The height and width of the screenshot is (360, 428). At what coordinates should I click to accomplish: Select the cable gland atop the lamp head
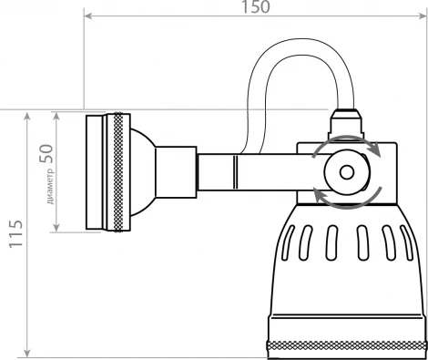pyautogui.click(x=346, y=120)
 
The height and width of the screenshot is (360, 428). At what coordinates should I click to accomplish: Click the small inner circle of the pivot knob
pyautogui.click(x=346, y=170)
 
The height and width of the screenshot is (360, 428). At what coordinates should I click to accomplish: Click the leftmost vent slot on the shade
pyautogui.click(x=289, y=244)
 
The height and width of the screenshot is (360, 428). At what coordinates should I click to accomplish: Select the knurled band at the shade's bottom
pyautogui.click(x=346, y=345)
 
